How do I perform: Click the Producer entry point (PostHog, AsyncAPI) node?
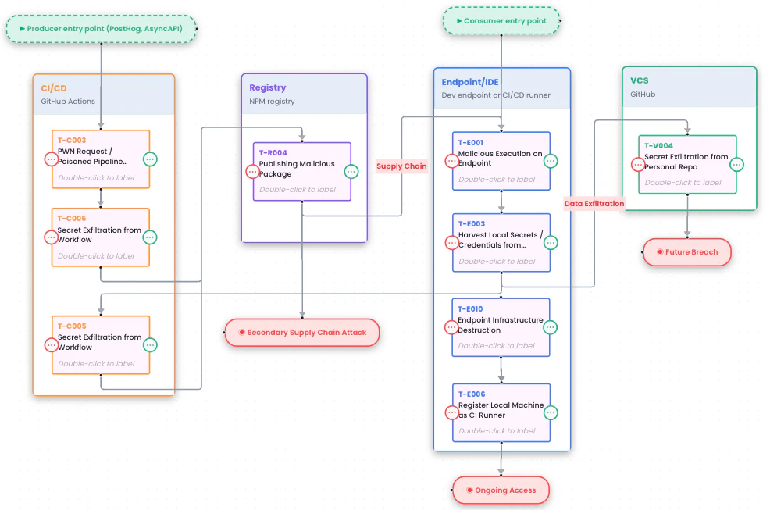(x=101, y=29)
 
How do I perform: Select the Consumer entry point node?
(x=501, y=21)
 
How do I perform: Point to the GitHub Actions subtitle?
(x=68, y=102)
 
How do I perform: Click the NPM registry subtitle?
(x=272, y=102)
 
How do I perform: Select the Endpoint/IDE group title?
(x=470, y=82)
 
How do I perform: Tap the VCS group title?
(x=640, y=80)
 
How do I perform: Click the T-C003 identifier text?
(x=72, y=141)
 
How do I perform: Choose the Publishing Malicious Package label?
(x=297, y=169)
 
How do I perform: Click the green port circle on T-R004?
(x=351, y=172)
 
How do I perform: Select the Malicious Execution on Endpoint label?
(x=500, y=159)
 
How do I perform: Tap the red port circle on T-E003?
(x=452, y=243)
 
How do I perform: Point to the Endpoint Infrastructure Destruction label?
(x=500, y=325)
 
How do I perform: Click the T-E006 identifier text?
(x=471, y=394)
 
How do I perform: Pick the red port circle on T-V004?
(x=638, y=165)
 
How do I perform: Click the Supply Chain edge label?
(x=401, y=166)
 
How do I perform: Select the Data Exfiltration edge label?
(x=594, y=204)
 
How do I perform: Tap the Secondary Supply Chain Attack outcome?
(x=301, y=333)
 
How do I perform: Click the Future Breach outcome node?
(x=686, y=252)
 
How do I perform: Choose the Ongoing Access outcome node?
(x=501, y=490)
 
